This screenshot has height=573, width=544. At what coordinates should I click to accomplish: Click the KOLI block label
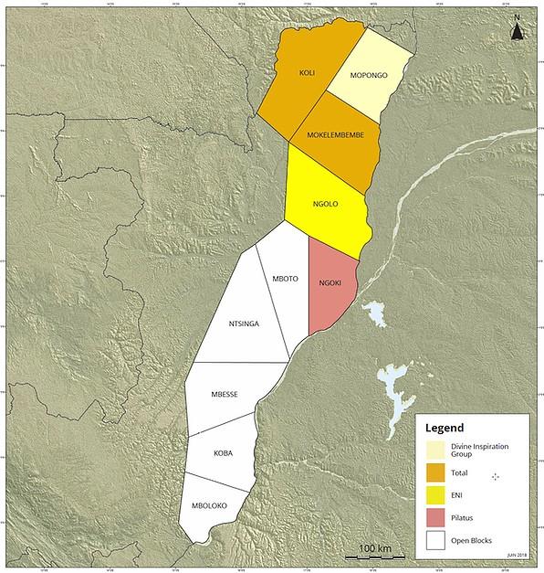coord(307,72)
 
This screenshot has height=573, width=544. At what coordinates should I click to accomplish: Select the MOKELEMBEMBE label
coord(334,135)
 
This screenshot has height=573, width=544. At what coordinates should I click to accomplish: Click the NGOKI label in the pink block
coord(330,283)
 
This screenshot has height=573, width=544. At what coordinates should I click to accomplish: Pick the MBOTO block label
coord(286,278)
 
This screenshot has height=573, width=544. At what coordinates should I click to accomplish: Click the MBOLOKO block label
coord(209,505)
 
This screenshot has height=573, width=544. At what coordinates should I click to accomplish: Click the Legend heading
coord(445,428)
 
